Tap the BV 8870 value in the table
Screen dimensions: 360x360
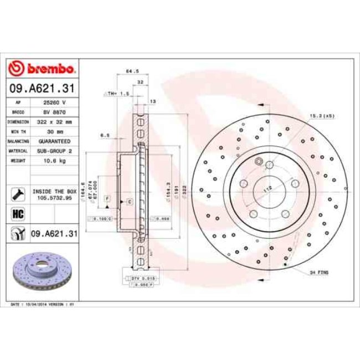(55, 112)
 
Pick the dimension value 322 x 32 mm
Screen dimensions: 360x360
(55, 122)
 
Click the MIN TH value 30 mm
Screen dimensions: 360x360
(55, 131)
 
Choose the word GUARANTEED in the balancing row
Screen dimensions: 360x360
(55, 141)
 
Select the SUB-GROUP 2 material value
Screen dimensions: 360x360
(55, 150)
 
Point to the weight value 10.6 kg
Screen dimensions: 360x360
(55, 160)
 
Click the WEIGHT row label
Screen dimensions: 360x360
(18, 160)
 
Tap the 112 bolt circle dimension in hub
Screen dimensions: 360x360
(268, 189)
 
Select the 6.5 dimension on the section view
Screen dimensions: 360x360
(105, 136)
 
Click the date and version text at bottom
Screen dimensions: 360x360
(43, 304)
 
